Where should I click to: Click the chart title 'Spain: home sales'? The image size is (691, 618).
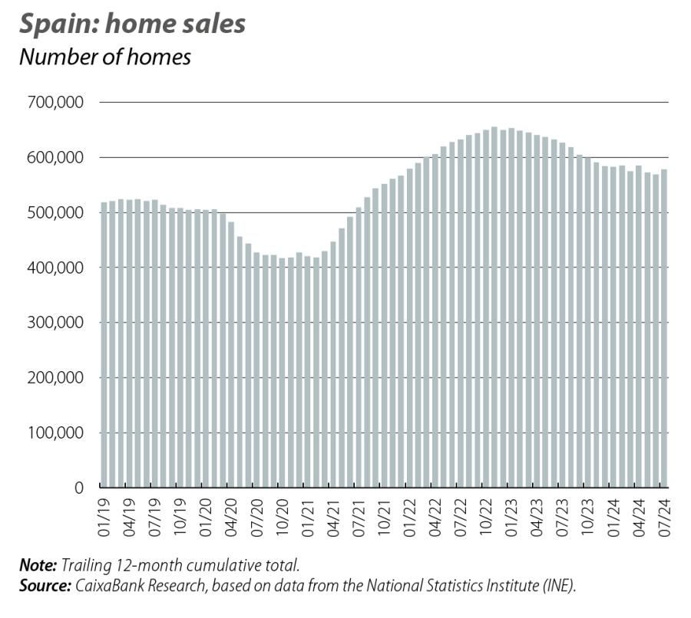pyautogui.click(x=132, y=23)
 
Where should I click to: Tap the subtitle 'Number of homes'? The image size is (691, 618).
pyautogui.click(x=104, y=57)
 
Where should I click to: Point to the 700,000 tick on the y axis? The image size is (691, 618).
pyautogui.click(x=58, y=102)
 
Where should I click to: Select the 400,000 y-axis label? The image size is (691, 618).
pyautogui.click(x=58, y=268)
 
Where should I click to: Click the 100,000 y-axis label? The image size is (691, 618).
pyautogui.click(x=58, y=432)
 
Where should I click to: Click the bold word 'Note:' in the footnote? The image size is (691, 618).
pyautogui.click(x=38, y=565)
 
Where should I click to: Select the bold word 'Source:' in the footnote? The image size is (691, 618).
pyautogui.click(x=45, y=585)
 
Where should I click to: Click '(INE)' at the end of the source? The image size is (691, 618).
pyautogui.click(x=558, y=585)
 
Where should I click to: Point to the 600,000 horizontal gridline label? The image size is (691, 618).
pyautogui.click(x=58, y=157)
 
